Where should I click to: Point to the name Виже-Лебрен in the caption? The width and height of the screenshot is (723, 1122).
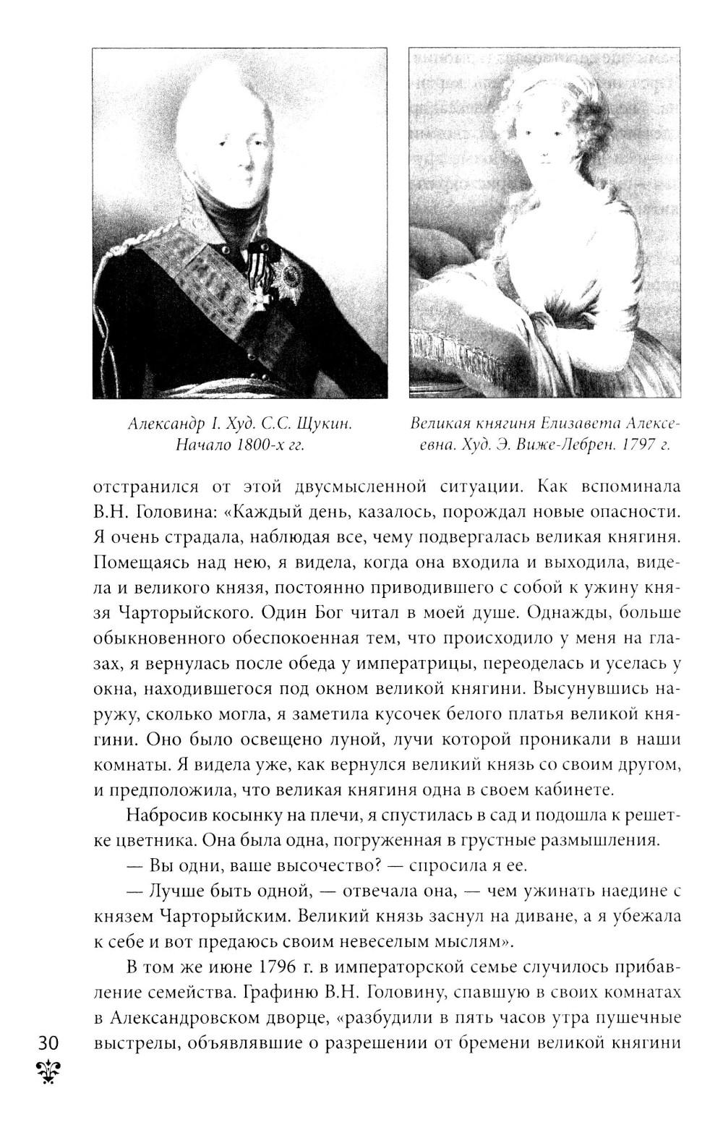point(562,445)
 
